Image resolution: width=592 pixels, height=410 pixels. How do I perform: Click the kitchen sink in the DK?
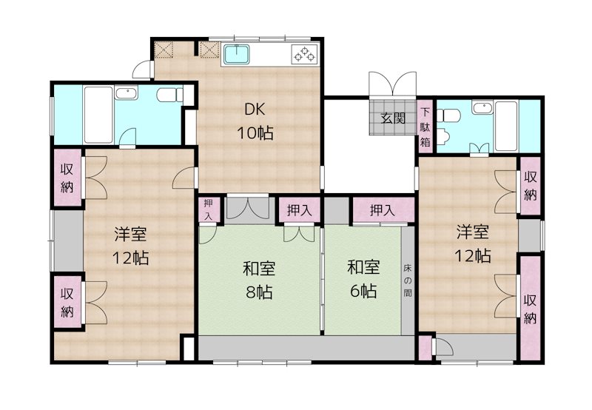click(x=237, y=55)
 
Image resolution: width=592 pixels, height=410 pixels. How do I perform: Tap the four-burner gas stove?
click(x=305, y=54)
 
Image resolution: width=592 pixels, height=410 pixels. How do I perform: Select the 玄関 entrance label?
click(x=393, y=118)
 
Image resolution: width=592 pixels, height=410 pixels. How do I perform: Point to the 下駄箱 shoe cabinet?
click(x=425, y=127)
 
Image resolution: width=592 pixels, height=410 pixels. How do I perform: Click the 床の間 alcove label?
click(x=407, y=280)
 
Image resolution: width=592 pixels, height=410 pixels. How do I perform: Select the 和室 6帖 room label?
click(x=363, y=279)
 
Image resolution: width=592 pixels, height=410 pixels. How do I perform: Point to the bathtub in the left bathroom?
click(x=98, y=115)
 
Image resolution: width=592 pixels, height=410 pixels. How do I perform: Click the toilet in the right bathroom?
click(x=450, y=114)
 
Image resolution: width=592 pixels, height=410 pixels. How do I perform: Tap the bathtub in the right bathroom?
click(x=506, y=126)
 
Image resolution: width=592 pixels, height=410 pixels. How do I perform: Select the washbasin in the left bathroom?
click(x=127, y=93)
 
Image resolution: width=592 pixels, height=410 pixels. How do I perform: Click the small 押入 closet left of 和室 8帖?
click(x=209, y=209)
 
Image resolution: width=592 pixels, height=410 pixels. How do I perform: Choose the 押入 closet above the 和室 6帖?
click(x=383, y=210)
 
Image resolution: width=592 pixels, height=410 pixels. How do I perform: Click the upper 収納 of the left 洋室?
click(x=67, y=178)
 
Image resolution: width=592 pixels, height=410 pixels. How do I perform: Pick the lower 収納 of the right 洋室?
click(x=531, y=309)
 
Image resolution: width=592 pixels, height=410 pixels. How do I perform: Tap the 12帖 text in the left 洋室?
click(x=130, y=258)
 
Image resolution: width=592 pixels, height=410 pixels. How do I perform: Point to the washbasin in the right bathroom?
click(x=482, y=108)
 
